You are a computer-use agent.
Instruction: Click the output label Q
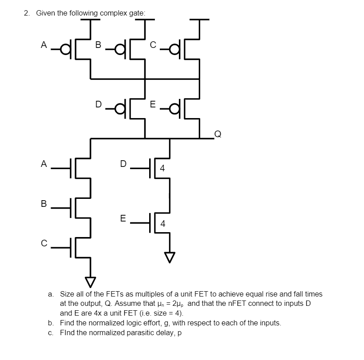pyautogui.click(x=217, y=133)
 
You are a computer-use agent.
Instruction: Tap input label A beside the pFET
pyautogui.click(x=43, y=44)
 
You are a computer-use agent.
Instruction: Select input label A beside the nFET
pyautogui.click(x=43, y=164)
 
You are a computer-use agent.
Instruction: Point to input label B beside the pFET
pyautogui.click(x=99, y=44)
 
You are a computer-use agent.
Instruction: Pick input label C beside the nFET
pyautogui.click(x=43, y=243)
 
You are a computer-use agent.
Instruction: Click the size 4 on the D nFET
pyautogui.click(x=162, y=168)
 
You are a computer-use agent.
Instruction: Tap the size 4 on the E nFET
pyautogui.click(x=162, y=223)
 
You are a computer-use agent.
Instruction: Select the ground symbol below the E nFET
pyautogui.click(x=169, y=257)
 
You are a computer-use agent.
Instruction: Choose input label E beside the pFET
pyautogui.click(x=153, y=105)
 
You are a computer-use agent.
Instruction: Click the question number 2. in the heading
pyautogui.click(x=27, y=13)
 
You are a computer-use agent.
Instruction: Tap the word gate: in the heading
pyautogui.click(x=137, y=13)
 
